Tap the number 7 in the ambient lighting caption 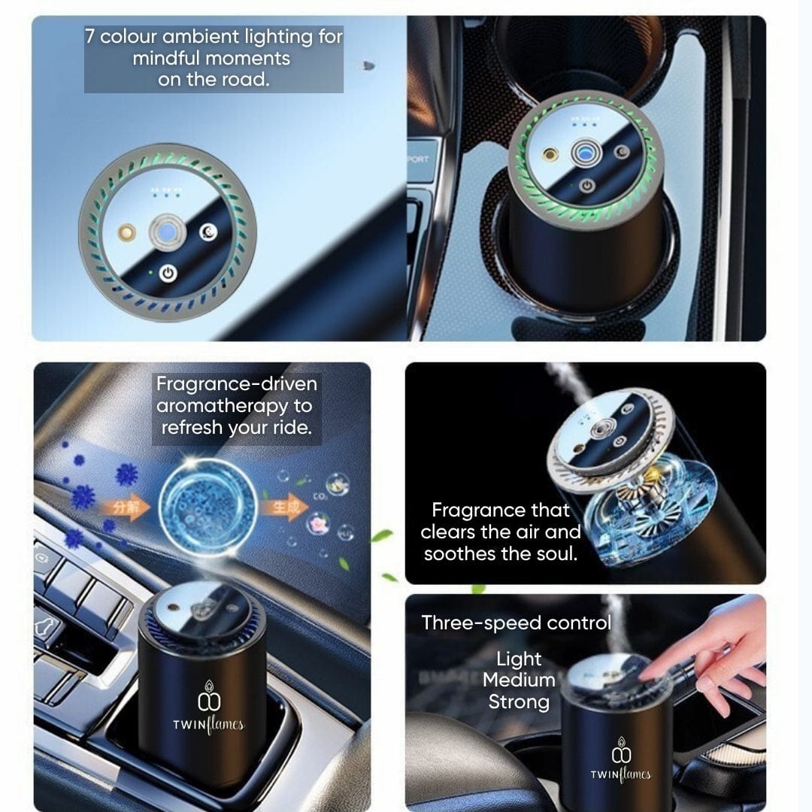[x=90, y=37]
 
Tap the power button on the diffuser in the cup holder [x=587, y=186]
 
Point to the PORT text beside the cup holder [x=417, y=159]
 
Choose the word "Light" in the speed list [x=519, y=659]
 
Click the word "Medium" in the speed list [x=519, y=680]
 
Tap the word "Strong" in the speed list [x=519, y=702]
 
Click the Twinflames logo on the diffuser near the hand [x=620, y=762]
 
